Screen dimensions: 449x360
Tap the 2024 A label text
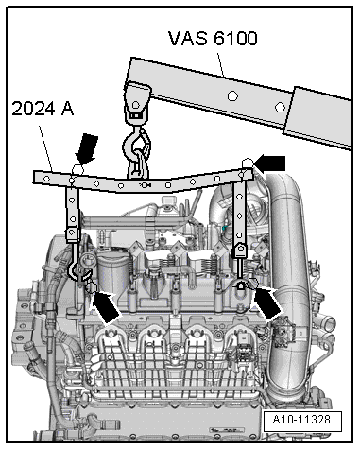tap(43, 110)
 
